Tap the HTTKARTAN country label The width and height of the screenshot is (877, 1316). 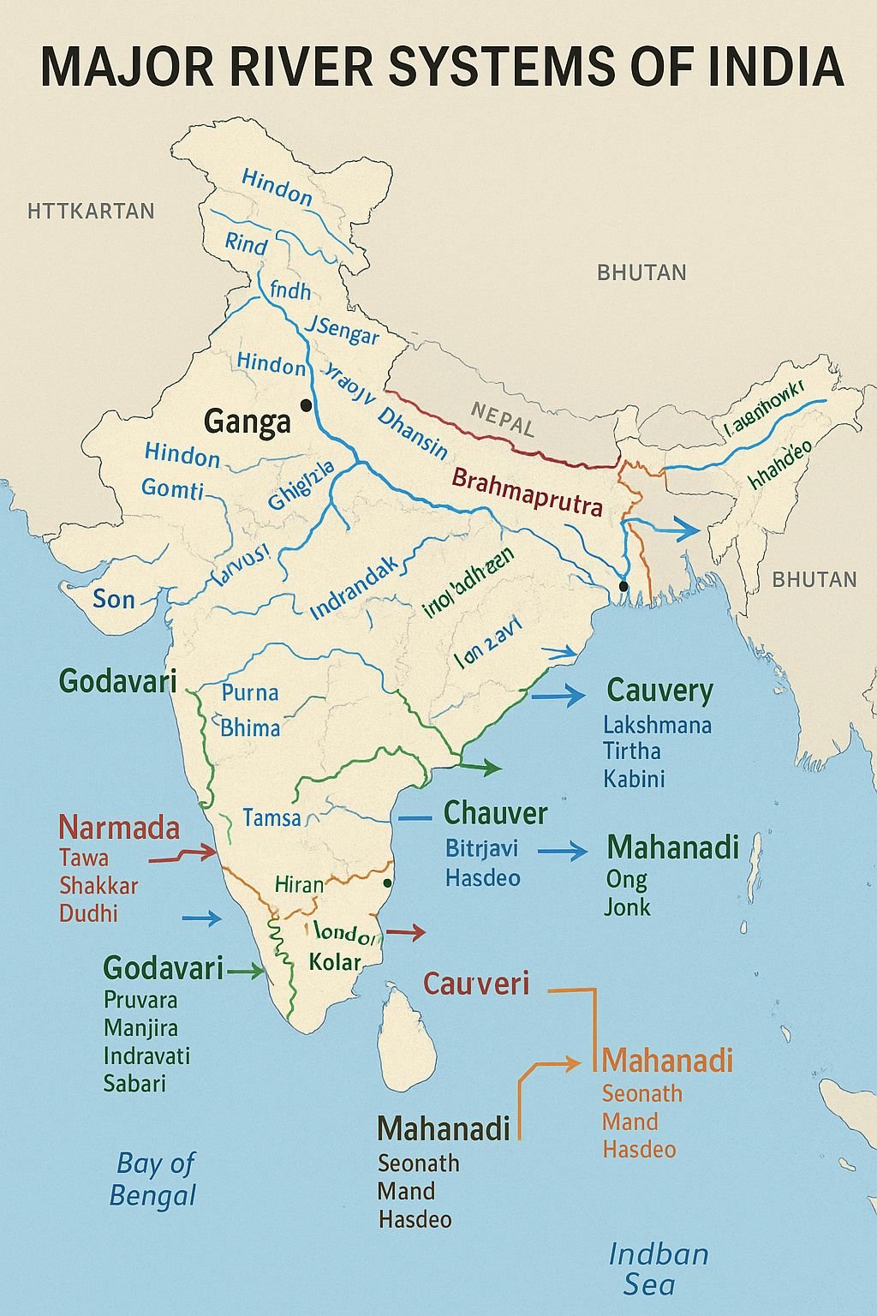pyautogui.click(x=91, y=211)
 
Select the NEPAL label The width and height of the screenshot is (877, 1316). pyautogui.click(x=502, y=420)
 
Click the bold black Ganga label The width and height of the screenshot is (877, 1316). pyautogui.click(x=248, y=421)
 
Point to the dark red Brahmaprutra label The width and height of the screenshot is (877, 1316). pyautogui.click(x=527, y=492)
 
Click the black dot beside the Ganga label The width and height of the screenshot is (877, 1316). pyautogui.click(x=305, y=404)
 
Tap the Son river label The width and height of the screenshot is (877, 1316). pyautogui.click(x=114, y=599)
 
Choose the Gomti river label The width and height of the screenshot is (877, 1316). pyautogui.click(x=173, y=489)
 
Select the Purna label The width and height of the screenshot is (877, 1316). pyautogui.click(x=250, y=692)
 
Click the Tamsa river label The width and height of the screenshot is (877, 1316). pyautogui.click(x=271, y=817)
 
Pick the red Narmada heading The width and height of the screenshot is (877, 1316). pyautogui.click(x=119, y=828)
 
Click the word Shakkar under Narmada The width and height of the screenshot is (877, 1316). pyautogui.click(x=98, y=885)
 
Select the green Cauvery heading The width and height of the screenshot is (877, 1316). pyautogui.click(x=659, y=691)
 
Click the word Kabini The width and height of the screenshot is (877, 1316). pyautogui.click(x=634, y=779)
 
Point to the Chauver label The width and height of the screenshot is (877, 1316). pyautogui.click(x=495, y=812)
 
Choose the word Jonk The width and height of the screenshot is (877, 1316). pyautogui.click(x=627, y=907)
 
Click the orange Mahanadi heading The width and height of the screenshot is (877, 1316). pyautogui.click(x=667, y=1061)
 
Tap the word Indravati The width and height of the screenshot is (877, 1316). pyautogui.click(x=146, y=1055)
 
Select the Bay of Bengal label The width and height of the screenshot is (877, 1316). pyautogui.click(x=154, y=1179)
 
